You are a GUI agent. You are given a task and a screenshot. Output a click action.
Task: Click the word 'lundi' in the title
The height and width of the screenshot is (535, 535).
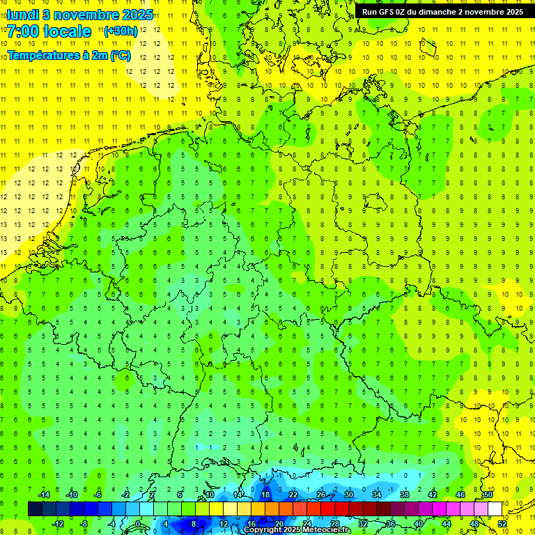(23, 15)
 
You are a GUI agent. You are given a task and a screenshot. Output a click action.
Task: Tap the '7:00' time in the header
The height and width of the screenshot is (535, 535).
(24, 31)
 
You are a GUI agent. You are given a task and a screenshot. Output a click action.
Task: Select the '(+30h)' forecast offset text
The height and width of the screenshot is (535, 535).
(121, 31)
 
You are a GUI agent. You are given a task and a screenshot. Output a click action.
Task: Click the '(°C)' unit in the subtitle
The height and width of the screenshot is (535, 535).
(120, 56)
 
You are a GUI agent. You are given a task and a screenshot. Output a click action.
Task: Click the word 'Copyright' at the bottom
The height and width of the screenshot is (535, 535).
(263, 530)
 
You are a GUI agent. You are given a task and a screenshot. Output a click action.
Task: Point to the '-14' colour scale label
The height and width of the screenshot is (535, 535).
(43, 495)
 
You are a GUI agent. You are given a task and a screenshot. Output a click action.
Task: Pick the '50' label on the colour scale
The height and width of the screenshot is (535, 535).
(488, 495)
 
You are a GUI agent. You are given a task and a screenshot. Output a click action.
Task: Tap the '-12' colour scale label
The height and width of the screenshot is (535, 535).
(58, 523)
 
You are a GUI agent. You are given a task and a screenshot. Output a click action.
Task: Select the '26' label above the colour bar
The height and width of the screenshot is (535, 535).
(321, 495)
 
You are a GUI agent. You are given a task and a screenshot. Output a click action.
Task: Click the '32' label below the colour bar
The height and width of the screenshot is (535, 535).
(363, 523)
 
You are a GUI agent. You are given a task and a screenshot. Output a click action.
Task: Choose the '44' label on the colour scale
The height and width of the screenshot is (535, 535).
(447, 523)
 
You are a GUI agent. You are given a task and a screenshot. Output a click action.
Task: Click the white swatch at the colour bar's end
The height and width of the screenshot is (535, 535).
(495, 509)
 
